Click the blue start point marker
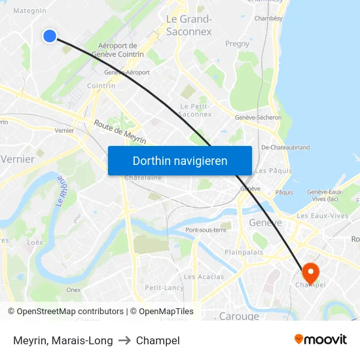point(50,36)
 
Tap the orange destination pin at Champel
point(309,272)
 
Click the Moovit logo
point(321,340)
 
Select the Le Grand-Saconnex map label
point(189,25)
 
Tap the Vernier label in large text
point(18,159)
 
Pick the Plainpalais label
point(243,252)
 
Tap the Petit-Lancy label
point(164,287)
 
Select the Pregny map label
point(237,44)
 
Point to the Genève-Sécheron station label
point(258,118)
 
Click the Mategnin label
point(30,10)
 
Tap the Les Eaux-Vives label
point(321,216)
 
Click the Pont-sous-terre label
point(206,230)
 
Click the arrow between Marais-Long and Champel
point(124,340)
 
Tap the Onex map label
point(73,290)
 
